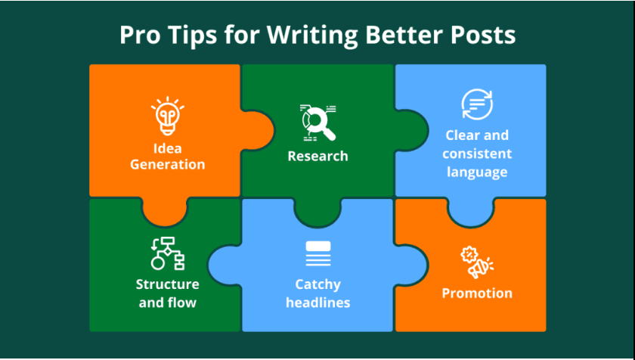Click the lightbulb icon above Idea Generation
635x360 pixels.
tap(167, 116)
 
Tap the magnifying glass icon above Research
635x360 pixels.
tap(318, 123)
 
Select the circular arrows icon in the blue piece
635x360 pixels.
tap(477, 104)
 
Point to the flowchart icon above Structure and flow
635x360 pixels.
tap(167, 253)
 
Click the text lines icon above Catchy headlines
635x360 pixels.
tap(318, 254)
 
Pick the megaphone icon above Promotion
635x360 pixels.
tap(477, 262)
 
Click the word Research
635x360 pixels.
tap(318, 156)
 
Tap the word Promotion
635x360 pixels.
tap(477, 293)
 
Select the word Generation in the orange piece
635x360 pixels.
tap(167, 164)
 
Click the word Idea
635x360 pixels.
tap(167, 148)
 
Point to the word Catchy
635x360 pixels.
tap(318, 284)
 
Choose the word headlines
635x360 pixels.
tap(318, 303)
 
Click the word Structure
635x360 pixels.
tap(167, 284)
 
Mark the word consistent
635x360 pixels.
tap(477, 154)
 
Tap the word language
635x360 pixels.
tap(477, 172)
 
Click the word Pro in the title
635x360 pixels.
tap(141, 36)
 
